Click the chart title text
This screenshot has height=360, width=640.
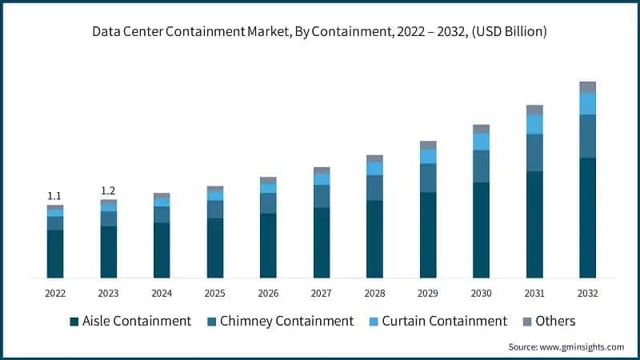pyautogui.click(x=319, y=33)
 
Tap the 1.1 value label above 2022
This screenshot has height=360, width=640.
pyautogui.click(x=54, y=196)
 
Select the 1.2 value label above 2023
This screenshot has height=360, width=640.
pyautogui.click(x=108, y=190)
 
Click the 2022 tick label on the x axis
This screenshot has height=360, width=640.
pyautogui.click(x=54, y=294)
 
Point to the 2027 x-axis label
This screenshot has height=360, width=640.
pyautogui.click(x=322, y=294)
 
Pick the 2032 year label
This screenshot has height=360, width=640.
pyautogui.click(x=587, y=294)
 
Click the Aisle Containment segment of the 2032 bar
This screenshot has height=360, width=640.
pyautogui.click(x=587, y=218)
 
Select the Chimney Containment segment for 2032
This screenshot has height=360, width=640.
pyautogui.click(x=587, y=136)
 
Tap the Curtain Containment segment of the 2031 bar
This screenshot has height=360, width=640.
pyautogui.click(x=534, y=124)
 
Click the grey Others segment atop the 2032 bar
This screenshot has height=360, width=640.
pyautogui.click(x=587, y=87)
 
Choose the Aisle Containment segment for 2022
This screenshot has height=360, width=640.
pyautogui.click(x=54, y=254)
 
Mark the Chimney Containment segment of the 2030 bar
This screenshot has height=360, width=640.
pyautogui.click(x=481, y=166)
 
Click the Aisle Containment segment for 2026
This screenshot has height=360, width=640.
pyautogui.click(x=268, y=246)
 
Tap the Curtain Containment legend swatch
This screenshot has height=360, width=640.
pyautogui.click(x=372, y=322)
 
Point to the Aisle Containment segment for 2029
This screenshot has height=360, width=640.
pyautogui.click(x=428, y=234)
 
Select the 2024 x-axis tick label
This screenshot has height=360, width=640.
pyautogui.click(x=162, y=294)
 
